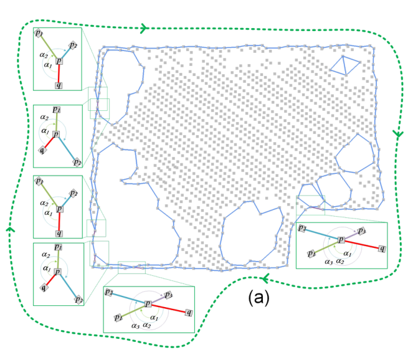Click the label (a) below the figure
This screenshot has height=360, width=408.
257,299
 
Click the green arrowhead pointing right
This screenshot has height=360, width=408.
144,28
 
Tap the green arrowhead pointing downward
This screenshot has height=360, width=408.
396,134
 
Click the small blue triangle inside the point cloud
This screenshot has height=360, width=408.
344,65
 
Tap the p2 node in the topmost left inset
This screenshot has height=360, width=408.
73,45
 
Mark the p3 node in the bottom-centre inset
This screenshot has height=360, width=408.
168,294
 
